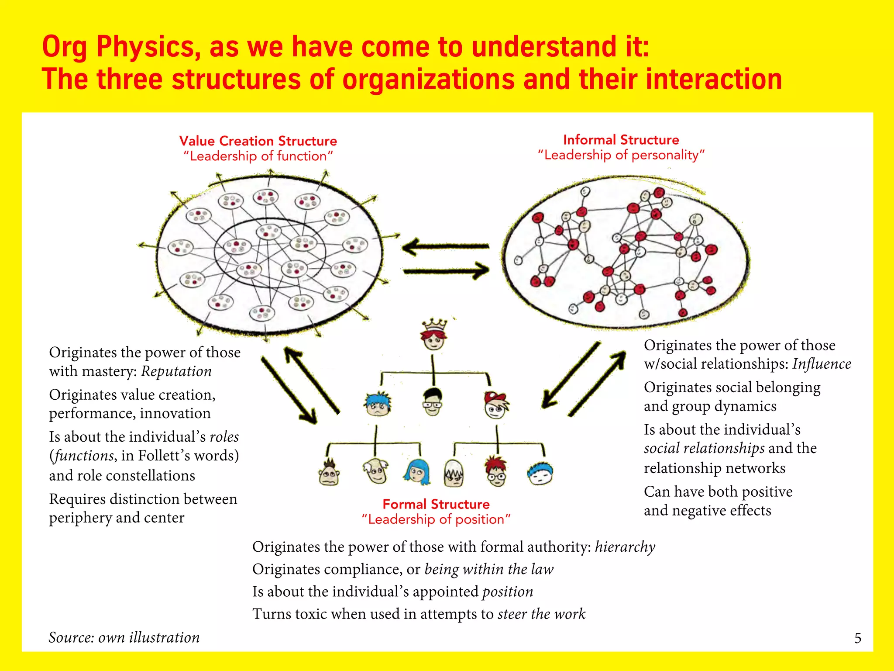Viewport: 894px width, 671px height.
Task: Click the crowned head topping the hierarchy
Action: (433, 335)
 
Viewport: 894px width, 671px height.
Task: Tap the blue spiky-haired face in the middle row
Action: (378, 404)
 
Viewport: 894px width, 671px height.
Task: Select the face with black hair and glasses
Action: (433, 402)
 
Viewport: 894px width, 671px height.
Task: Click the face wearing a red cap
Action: (496, 405)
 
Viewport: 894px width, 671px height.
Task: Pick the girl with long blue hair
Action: (418, 472)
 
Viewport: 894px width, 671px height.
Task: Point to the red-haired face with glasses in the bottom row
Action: (496, 472)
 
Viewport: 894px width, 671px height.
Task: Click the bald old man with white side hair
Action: (376, 471)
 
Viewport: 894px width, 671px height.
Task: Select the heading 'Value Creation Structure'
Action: (258, 141)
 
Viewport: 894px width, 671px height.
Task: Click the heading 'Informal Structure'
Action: (621, 140)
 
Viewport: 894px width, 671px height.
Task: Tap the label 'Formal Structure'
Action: (436, 504)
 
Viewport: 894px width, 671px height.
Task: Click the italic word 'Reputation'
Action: (176, 371)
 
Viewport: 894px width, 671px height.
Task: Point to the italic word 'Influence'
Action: (822, 364)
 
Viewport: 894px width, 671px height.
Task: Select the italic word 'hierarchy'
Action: (625, 547)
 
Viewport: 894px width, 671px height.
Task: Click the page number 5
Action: (857, 638)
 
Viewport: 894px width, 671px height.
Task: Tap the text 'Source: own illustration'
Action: (124, 637)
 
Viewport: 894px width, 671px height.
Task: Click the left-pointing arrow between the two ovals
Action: (445, 247)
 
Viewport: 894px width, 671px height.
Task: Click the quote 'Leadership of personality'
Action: (621, 155)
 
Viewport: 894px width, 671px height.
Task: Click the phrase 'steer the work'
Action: (541, 614)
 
